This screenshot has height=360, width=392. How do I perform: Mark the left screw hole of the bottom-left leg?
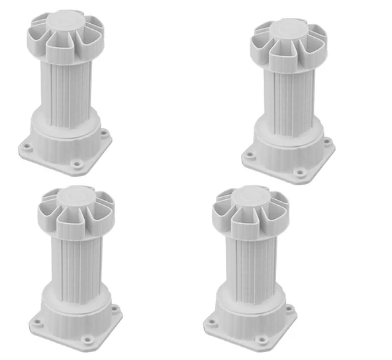pos(38,323)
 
